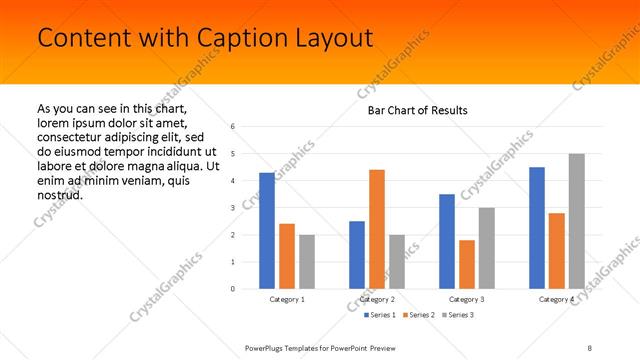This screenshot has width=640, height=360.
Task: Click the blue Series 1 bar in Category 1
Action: click(267, 231)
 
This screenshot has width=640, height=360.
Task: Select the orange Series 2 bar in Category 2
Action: click(376, 229)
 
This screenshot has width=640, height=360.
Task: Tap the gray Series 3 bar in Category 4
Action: click(576, 221)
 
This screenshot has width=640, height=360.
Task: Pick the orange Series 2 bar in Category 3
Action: click(466, 264)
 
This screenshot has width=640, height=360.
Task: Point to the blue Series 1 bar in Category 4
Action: click(537, 228)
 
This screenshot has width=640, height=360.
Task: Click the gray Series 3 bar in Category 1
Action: click(306, 262)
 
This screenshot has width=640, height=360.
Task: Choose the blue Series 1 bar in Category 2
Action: click(357, 255)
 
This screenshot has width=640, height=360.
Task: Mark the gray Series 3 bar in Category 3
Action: click(486, 248)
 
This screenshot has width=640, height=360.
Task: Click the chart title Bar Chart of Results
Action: click(411, 110)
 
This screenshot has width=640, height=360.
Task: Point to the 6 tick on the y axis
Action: click(232, 127)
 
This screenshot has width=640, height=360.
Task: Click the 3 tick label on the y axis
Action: click(232, 208)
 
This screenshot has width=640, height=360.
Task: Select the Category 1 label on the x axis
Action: click(287, 299)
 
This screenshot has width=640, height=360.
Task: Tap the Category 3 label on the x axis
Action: click(467, 299)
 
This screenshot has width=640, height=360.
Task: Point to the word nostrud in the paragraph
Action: click(59, 194)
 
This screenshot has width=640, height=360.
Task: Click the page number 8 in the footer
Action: click(589, 346)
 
